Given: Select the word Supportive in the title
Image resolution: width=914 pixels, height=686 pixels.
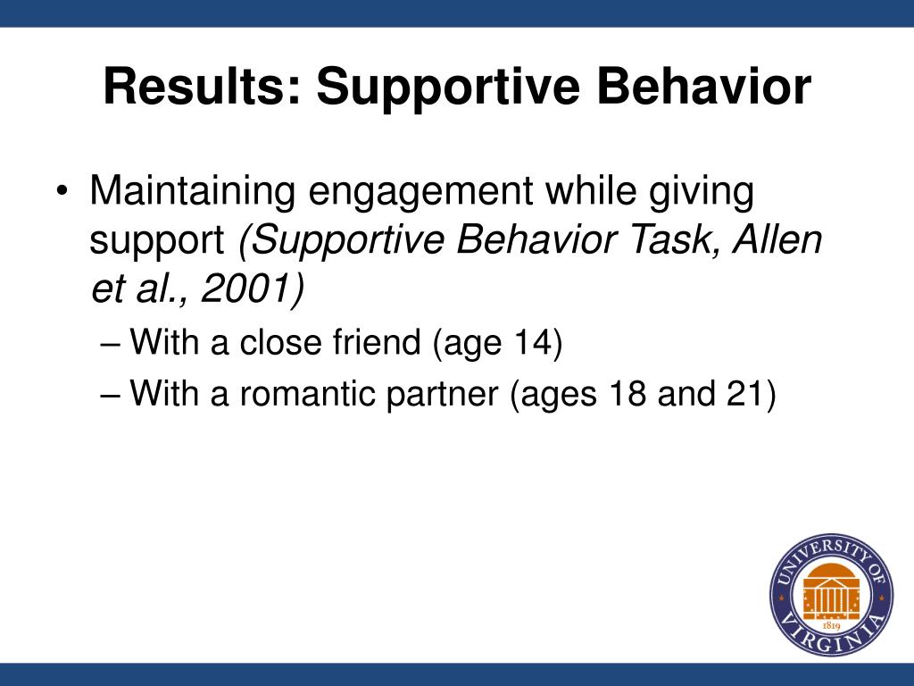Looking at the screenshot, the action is coord(448,88).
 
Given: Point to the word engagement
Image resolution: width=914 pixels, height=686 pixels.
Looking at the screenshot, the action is coord(420,192).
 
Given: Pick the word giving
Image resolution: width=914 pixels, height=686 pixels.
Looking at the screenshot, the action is coord(702,192).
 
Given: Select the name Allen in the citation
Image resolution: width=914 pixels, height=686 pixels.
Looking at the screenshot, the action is coord(777,239).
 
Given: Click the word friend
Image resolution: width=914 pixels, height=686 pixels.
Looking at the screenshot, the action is coord(377,341).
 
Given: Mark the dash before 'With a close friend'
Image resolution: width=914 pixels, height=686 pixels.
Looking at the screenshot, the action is coord(110,343).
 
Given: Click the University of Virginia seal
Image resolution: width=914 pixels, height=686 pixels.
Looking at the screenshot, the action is coord(831,594).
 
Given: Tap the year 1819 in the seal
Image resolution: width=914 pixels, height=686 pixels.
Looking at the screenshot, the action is coord(831,626).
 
